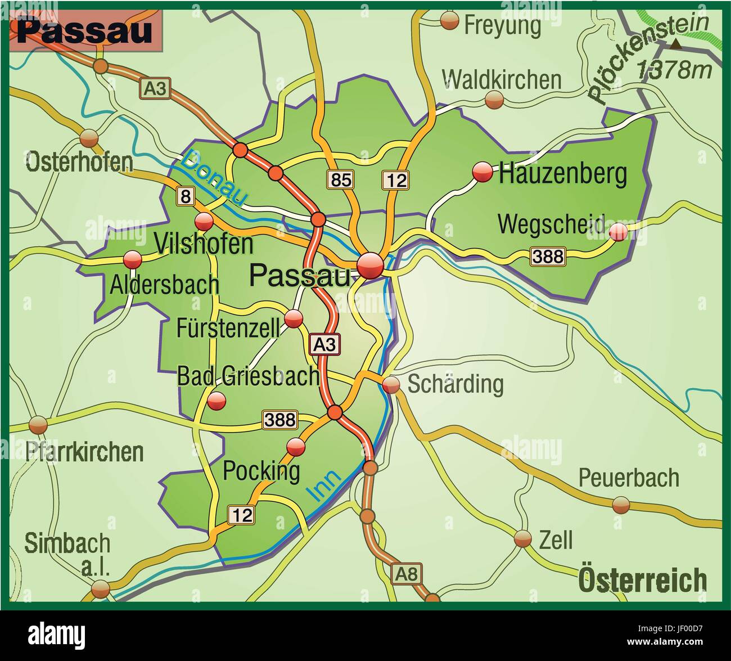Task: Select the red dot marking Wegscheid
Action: tap(618, 232)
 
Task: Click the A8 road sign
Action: tap(406, 574)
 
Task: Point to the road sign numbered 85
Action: tap(341, 179)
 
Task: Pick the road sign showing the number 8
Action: tap(185, 196)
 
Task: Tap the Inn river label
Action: tap(324, 485)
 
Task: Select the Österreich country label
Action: tap(642, 579)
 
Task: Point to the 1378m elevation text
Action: tap(674, 70)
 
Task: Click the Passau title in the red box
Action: tap(84, 31)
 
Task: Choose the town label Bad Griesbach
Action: tap(248, 376)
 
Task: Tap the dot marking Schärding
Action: tap(391, 385)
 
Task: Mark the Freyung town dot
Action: tap(449, 21)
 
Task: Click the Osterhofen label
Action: tap(79, 162)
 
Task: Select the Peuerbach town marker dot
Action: tap(621, 505)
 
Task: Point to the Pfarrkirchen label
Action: tap(84, 452)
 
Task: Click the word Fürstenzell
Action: tap(228, 328)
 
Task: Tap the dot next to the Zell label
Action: tap(522, 538)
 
